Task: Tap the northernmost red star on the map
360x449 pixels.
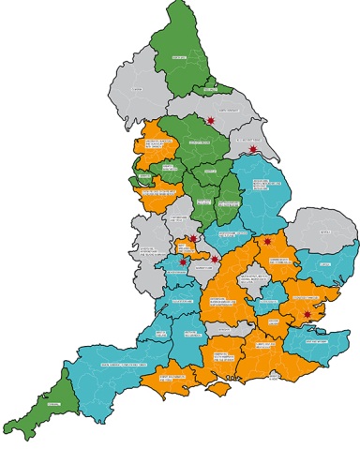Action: click(x=211, y=121)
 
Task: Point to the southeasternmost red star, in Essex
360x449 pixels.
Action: click(x=307, y=302)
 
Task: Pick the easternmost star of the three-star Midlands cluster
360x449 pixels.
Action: click(x=216, y=259)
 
